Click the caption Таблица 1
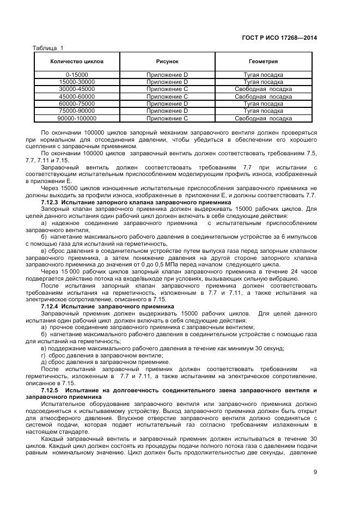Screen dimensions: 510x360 click(x=48, y=47)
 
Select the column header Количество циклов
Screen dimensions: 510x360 click(x=77, y=62)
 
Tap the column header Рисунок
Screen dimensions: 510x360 click(x=167, y=62)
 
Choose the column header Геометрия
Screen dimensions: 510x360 click(x=264, y=62)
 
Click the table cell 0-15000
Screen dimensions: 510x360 click(x=77, y=74)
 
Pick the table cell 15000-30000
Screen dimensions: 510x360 click(x=77, y=82)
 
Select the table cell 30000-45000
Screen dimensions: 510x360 click(x=77, y=89)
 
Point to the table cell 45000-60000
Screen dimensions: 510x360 click(x=77, y=96)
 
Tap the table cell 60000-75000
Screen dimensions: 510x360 click(x=77, y=104)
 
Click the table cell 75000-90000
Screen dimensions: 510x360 click(x=77, y=111)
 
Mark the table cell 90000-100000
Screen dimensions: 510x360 click(x=77, y=118)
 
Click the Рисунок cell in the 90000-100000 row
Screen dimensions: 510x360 click(x=167, y=118)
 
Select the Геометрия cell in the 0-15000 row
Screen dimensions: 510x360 click(x=264, y=74)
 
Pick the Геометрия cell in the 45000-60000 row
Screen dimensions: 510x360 click(x=264, y=96)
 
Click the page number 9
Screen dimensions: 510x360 click(x=315, y=472)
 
